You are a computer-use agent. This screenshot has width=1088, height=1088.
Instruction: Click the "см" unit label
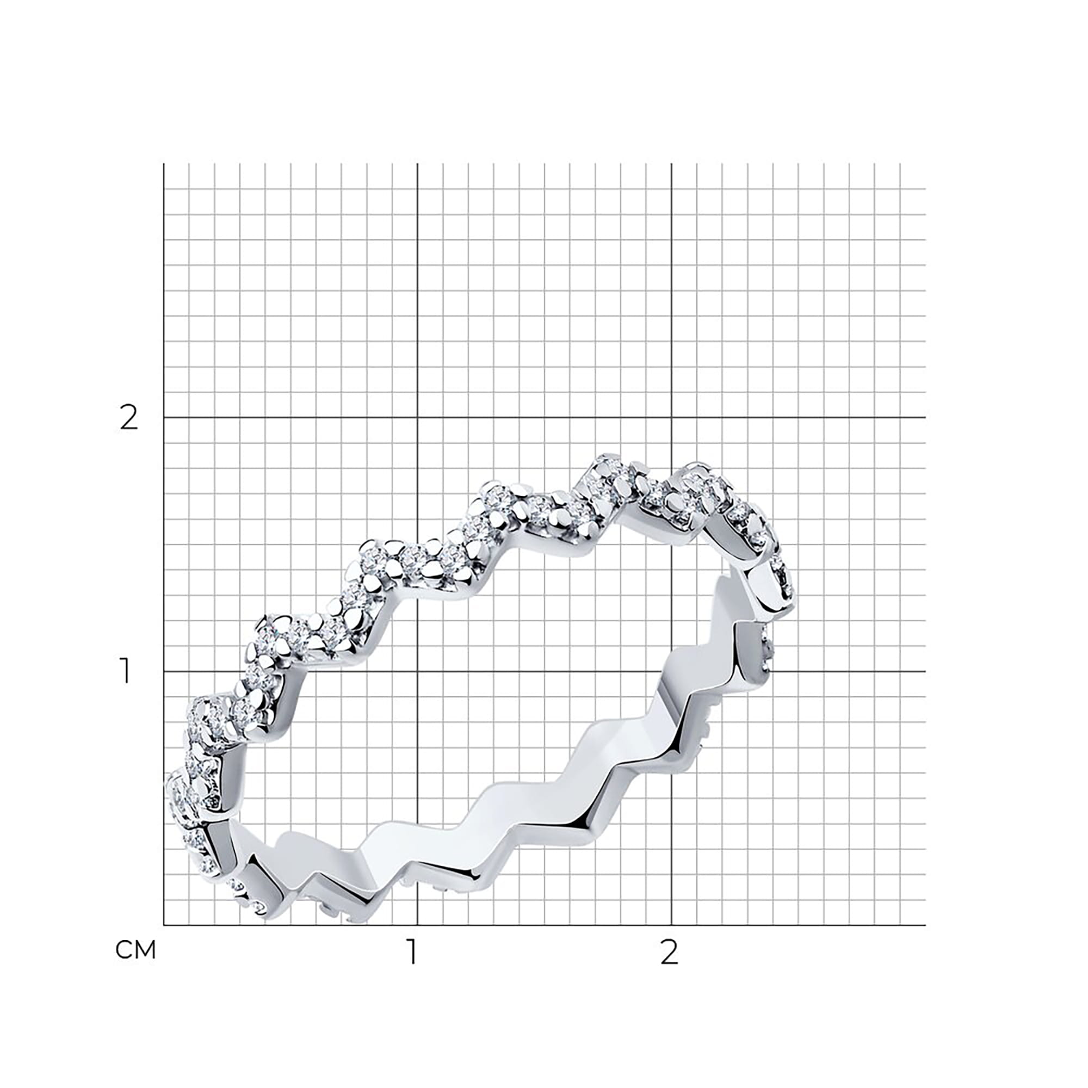click(135, 950)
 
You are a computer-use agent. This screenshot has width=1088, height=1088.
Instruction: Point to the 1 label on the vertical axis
click(126, 671)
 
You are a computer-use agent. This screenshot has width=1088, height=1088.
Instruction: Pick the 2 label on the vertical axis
click(129, 417)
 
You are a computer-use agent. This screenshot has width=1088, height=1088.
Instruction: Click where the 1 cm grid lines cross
click(417, 671)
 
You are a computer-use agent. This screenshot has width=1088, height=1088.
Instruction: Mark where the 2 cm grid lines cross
click(671, 417)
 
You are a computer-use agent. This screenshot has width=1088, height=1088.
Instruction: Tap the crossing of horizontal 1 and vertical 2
click(671, 671)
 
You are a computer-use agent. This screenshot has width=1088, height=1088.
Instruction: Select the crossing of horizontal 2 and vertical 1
click(417, 417)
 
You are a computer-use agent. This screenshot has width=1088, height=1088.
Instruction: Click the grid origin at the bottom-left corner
click(164, 925)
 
